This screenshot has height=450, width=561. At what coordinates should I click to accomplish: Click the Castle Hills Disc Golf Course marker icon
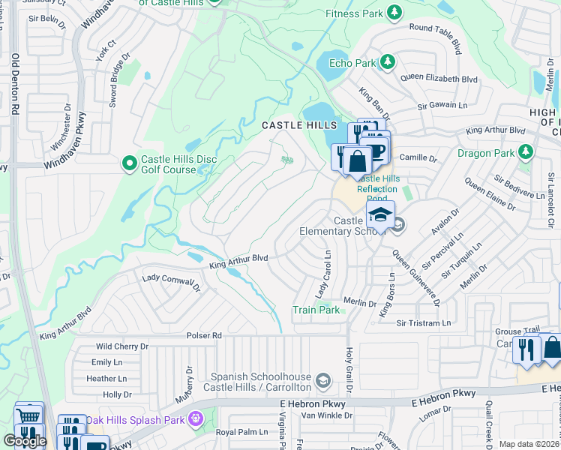(129, 162)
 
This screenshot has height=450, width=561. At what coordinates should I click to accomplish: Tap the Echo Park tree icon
(387, 61)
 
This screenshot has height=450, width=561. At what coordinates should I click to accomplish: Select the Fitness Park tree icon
(391, 12)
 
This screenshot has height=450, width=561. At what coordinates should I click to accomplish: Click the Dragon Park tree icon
(526, 152)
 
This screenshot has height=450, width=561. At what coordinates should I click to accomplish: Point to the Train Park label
(316, 310)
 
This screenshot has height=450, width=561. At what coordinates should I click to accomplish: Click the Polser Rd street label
(204, 335)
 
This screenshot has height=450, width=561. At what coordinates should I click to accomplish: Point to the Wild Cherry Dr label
(123, 346)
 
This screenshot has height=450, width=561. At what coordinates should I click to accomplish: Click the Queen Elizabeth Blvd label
(439, 78)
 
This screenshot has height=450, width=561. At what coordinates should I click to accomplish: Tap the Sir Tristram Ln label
(424, 322)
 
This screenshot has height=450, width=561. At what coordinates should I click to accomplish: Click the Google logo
(25, 440)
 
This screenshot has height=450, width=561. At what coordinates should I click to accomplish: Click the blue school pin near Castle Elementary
(380, 216)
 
